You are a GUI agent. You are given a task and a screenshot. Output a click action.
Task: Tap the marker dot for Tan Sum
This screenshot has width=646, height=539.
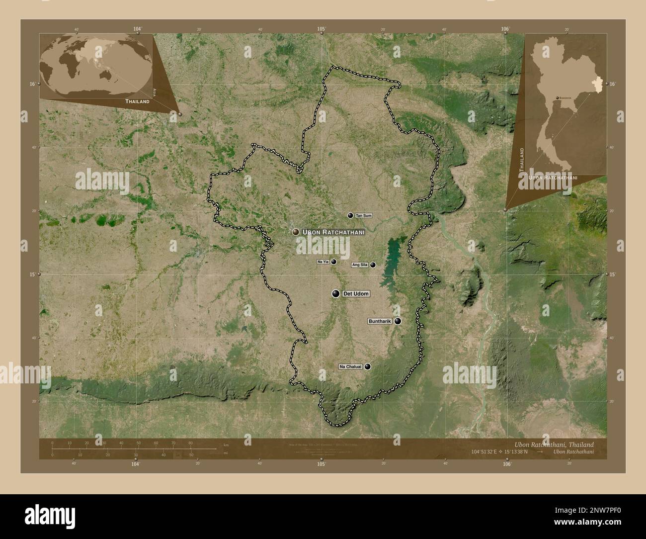point(350,215)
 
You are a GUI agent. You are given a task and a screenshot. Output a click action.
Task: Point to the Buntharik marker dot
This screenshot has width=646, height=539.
point(398,321)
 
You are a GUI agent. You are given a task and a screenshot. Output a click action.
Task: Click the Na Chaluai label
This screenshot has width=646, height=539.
point(351,367)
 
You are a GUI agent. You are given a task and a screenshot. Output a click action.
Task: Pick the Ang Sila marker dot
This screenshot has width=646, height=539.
point(373,265)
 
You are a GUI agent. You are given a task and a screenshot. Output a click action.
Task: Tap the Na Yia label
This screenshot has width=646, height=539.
point(323,262)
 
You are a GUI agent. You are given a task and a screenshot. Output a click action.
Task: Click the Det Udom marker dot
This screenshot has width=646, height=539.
point(336,294)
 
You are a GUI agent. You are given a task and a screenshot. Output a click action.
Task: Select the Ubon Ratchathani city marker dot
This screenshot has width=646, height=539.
point(296,232)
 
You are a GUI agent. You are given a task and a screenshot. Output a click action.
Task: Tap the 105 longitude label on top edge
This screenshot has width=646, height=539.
point(322,29)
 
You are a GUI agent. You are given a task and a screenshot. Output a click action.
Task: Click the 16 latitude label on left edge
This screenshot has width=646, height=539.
point(32,84)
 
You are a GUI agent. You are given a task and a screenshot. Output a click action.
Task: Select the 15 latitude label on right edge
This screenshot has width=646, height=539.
point(613,274)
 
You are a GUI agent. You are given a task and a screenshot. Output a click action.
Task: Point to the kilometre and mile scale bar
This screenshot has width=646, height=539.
point(134,449)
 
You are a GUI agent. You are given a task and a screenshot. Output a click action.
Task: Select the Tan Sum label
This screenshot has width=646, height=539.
point(363,216)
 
